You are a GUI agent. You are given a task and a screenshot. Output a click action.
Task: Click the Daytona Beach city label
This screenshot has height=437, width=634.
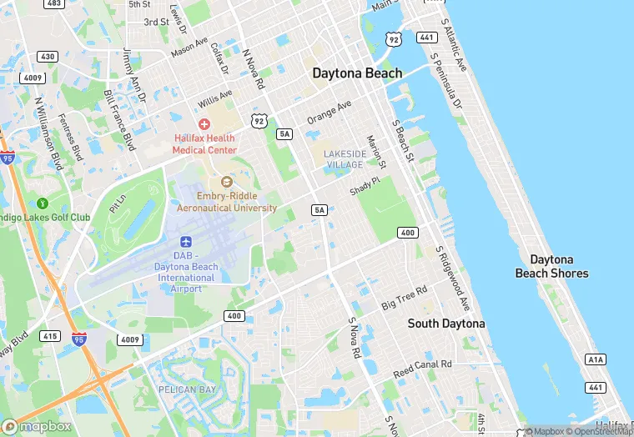(x=357, y=73)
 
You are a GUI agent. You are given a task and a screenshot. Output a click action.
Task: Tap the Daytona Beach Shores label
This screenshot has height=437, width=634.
(x=551, y=266)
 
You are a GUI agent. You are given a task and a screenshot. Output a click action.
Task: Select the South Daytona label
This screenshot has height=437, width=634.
(x=445, y=323)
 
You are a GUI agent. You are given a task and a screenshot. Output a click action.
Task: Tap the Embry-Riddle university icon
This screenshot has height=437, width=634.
(x=224, y=182)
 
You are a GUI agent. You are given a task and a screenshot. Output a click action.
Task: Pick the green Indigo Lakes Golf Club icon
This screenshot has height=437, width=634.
(x=43, y=203)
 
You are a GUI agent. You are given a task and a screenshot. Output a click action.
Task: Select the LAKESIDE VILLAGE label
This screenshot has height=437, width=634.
(x=345, y=159)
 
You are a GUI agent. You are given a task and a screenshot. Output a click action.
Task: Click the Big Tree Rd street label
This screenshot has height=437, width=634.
(x=404, y=298)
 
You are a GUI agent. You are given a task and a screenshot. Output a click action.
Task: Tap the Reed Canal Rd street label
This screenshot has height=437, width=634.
(x=423, y=365)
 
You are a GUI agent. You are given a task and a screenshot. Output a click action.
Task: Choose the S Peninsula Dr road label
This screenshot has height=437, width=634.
(x=445, y=83)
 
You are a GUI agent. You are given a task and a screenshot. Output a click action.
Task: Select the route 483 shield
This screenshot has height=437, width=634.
(x=55, y=4)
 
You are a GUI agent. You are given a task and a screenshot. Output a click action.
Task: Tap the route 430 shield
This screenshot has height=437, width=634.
(x=48, y=57)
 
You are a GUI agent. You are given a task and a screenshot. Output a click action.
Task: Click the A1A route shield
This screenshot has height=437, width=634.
(x=595, y=359)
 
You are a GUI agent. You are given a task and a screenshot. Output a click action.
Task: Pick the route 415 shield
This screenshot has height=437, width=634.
(x=49, y=336)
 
